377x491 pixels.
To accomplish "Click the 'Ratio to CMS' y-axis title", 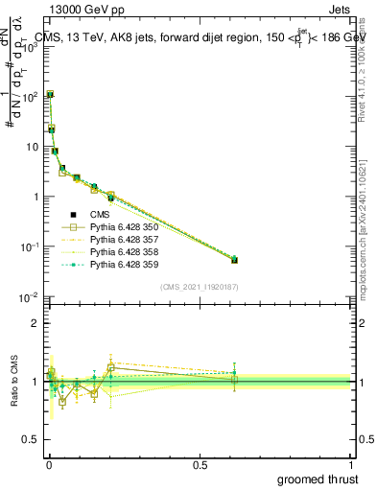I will click(x=13, y=381).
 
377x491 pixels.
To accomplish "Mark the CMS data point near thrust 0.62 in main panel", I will click(x=234, y=260).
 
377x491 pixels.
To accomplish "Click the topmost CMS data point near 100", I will click(x=50, y=95).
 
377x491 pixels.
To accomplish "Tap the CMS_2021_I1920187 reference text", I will click(x=200, y=287).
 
